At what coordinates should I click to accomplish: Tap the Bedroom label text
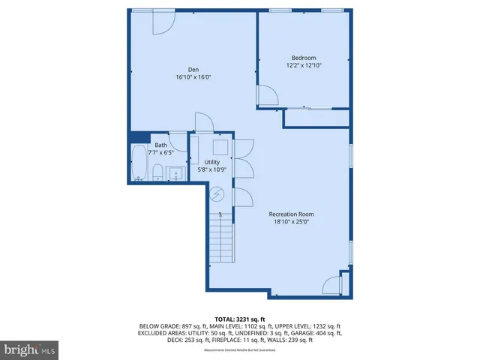click(x=304, y=58)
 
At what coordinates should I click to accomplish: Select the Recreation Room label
click(x=292, y=214)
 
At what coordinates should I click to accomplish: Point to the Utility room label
click(x=212, y=162)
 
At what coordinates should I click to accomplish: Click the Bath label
click(x=161, y=145)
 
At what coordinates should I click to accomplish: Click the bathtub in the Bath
click(x=139, y=163)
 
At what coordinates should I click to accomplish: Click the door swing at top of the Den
click(x=162, y=22)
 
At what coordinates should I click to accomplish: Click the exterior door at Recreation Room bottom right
click(x=331, y=285)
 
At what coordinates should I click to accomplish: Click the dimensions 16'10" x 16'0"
click(x=187, y=77)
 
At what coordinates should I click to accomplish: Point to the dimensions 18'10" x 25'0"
click(x=292, y=222)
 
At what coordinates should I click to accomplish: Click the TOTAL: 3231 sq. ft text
click(x=240, y=319)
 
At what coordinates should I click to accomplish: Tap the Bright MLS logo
click(x=30, y=349)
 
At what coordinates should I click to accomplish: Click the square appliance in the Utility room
click(x=221, y=147)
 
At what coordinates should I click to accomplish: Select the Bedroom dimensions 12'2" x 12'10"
click(x=304, y=65)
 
